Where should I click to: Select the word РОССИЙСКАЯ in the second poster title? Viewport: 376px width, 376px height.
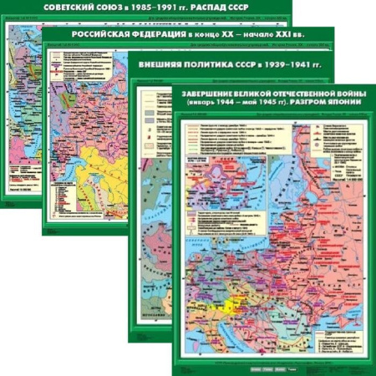point(113,39)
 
